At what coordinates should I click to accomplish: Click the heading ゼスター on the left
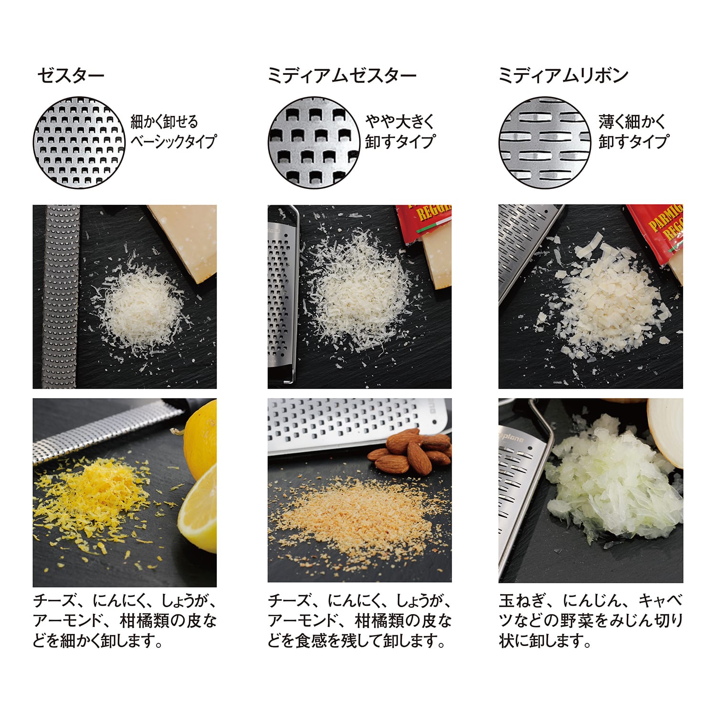71,76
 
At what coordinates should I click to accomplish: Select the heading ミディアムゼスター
342,76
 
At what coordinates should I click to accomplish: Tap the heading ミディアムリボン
563,76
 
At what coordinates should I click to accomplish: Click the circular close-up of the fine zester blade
79,142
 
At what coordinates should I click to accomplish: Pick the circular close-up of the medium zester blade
314,142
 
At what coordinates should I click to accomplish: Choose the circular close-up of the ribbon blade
545,142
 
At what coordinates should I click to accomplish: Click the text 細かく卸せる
164,122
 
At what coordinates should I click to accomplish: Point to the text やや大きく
400,122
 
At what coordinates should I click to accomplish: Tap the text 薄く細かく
632,122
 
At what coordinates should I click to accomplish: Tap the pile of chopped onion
616,487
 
